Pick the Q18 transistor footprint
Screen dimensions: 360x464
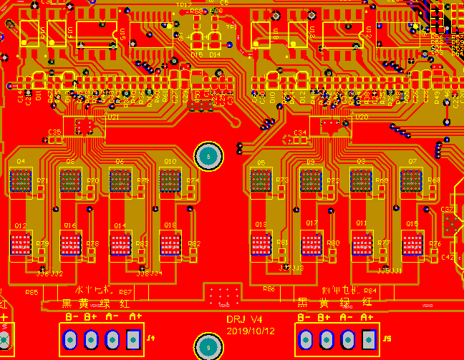(170, 245)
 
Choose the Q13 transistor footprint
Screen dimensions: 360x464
(261, 245)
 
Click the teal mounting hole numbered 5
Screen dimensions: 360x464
(208, 156)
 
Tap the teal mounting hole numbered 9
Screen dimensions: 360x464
(208, 347)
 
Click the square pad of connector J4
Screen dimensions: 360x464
(133, 339)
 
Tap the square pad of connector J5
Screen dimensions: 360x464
(368, 338)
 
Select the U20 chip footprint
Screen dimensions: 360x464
(330, 127)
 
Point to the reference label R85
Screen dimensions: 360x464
(32, 293)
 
